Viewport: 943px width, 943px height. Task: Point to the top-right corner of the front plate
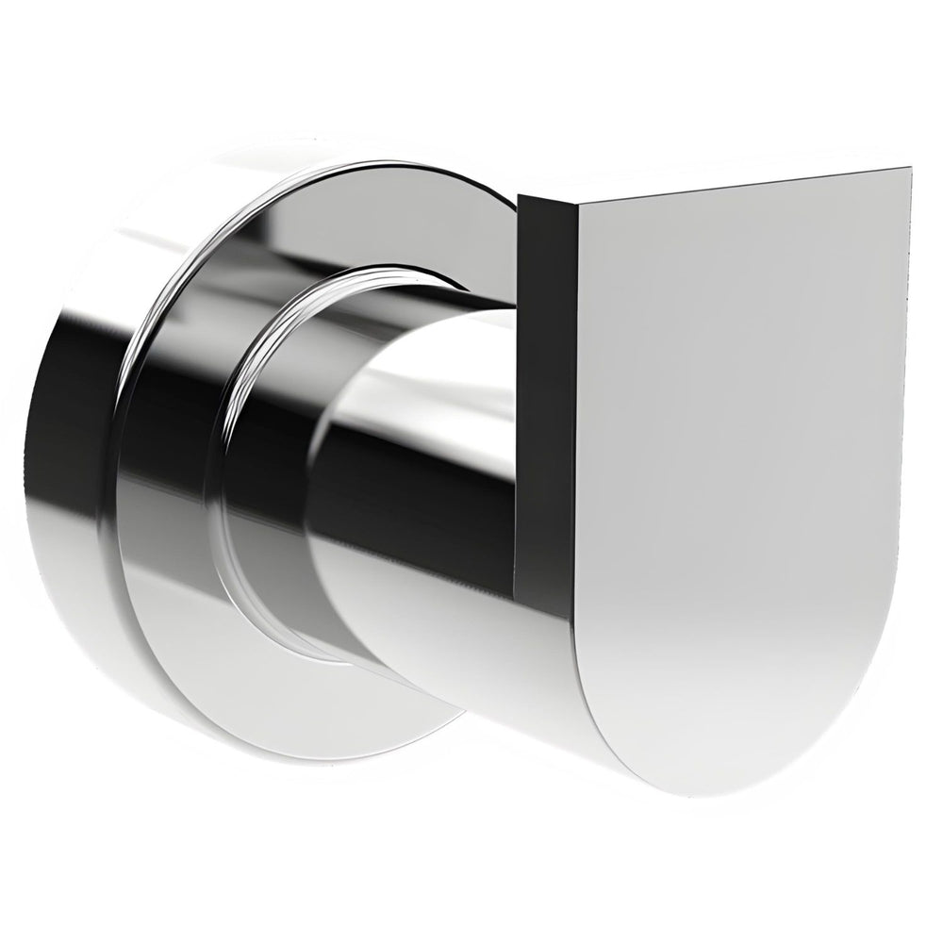[x=909, y=171]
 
